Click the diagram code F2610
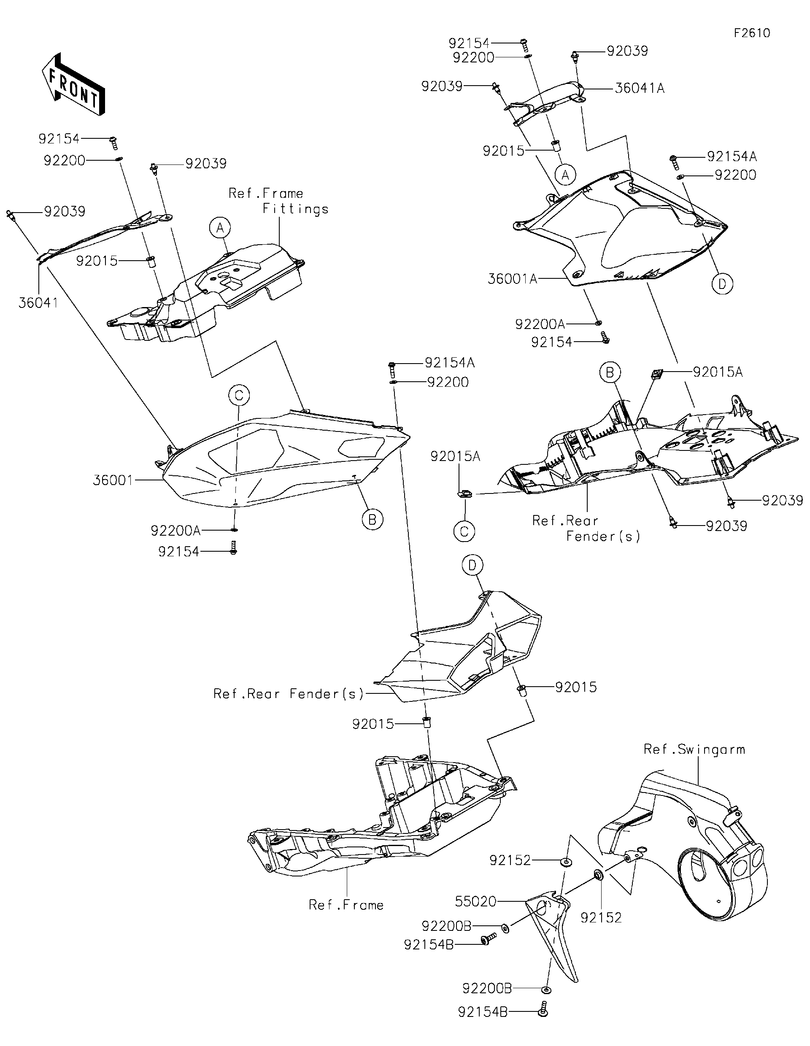pos(751,33)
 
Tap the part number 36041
pos(38,303)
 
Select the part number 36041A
pos(639,89)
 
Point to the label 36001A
pos(512,279)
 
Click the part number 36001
pos(113,480)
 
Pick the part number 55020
pos(475,901)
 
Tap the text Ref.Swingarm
pos(694,749)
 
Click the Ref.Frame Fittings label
pos(278,201)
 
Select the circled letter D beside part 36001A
pos(722,284)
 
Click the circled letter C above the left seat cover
pos(239,396)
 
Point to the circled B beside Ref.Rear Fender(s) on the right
pos(610,372)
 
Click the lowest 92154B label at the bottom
pos(482,1025)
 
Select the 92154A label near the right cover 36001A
pos(732,156)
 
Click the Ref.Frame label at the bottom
pos(346,905)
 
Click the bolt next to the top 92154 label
pos(524,46)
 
